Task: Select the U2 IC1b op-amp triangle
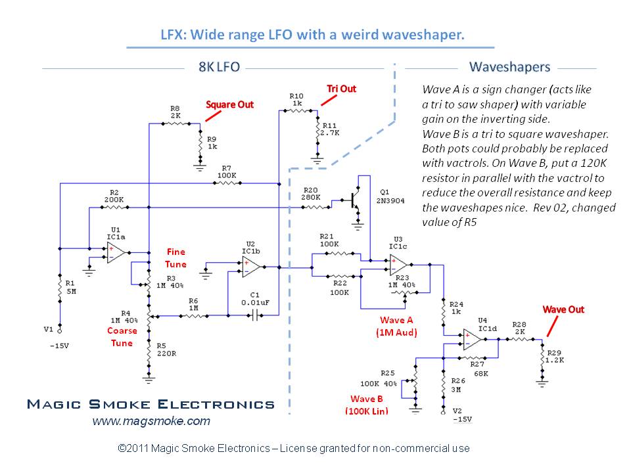(252, 267)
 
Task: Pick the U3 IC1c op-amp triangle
(402, 265)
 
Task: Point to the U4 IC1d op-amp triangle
(473, 340)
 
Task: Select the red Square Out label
(230, 104)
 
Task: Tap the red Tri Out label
(341, 89)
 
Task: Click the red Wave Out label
(563, 309)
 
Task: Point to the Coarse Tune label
(122, 337)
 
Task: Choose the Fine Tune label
(176, 258)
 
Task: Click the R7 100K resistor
(225, 183)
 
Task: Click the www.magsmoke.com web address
(151, 421)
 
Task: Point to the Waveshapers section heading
(509, 68)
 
